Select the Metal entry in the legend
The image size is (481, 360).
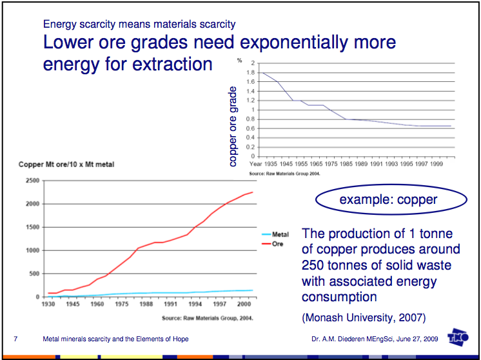coord(280,235)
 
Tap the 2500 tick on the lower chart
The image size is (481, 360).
coord(32,181)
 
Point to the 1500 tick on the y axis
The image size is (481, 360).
coord(32,227)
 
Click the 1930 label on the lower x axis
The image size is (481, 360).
coord(48,303)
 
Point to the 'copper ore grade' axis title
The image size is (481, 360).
coord(233,128)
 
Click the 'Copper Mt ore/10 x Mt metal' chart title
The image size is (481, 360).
coord(66,165)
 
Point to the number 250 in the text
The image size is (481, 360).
coord(315,265)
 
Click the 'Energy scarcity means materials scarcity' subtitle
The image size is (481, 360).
coord(139,25)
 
